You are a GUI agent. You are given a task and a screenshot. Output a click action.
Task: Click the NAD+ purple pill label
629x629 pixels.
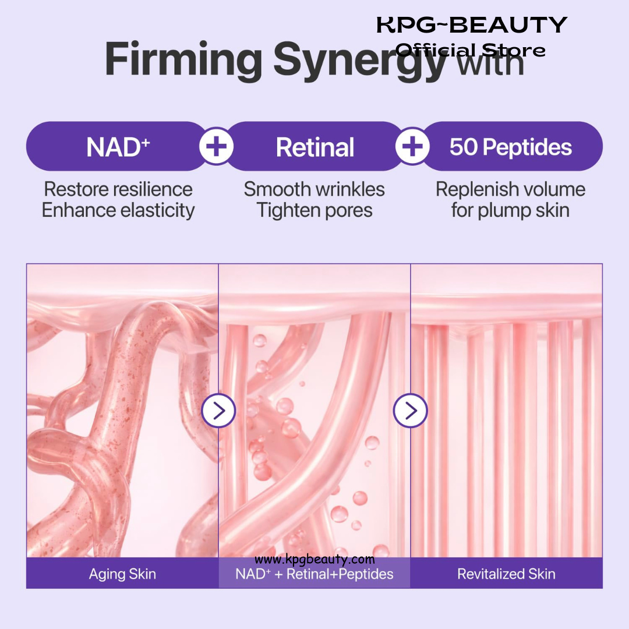(x=116, y=146)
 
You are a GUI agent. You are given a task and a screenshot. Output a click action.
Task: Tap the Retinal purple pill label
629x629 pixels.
(x=315, y=146)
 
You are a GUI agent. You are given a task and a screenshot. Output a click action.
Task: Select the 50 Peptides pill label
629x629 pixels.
(x=512, y=146)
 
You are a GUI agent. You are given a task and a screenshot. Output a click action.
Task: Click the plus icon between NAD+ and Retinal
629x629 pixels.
(x=217, y=146)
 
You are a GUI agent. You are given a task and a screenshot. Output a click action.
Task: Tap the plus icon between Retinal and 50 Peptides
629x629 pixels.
(x=412, y=146)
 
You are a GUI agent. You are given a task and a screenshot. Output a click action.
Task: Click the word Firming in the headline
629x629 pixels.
(x=183, y=60)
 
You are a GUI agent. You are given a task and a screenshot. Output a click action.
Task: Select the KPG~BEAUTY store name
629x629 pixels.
(x=472, y=25)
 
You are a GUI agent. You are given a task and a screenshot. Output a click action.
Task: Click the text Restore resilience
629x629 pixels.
(x=118, y=189)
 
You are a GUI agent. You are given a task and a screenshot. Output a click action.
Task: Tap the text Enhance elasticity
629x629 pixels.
(x=118, y=210)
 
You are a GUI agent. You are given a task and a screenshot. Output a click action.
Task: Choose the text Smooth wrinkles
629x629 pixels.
(x=314, y=189)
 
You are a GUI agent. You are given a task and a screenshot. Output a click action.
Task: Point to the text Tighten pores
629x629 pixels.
(x=314, y=211)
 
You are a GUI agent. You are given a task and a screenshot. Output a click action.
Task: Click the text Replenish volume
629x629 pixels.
(x=511, y=189)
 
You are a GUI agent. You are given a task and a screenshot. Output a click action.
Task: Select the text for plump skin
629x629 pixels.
(x=511, y=211)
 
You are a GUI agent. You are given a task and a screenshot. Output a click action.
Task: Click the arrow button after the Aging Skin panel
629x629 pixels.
(x=218, y=411)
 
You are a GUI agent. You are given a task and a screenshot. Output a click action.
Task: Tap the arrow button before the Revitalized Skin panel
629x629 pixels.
(x=411, y=411)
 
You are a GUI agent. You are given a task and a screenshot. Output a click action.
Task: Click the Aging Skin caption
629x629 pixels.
(x=122, y=574)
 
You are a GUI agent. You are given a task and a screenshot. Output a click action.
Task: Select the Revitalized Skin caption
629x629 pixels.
(x=506, y=574)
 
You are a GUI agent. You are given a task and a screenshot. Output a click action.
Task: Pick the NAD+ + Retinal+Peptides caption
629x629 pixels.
(x=314, y=574)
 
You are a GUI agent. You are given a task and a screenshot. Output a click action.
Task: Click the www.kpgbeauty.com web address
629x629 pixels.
(x=314, y=559)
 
